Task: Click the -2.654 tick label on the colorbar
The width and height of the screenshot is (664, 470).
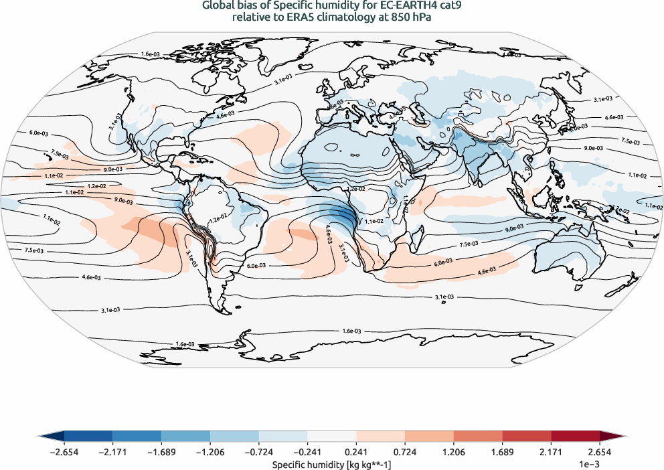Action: coord(64,453)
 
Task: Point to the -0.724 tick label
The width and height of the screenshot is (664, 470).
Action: coord(258,453)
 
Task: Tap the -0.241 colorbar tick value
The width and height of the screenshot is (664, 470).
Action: coord(307,453)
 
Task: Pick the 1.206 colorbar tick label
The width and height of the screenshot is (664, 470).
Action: coord(454,453)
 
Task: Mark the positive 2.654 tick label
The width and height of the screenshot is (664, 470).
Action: coord(599,453)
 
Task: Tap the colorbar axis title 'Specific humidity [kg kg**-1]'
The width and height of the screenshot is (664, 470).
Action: coord(332,463)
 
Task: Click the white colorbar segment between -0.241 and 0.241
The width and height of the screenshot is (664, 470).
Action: coord(332,437)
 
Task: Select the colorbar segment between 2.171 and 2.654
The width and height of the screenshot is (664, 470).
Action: coord(575,437)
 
